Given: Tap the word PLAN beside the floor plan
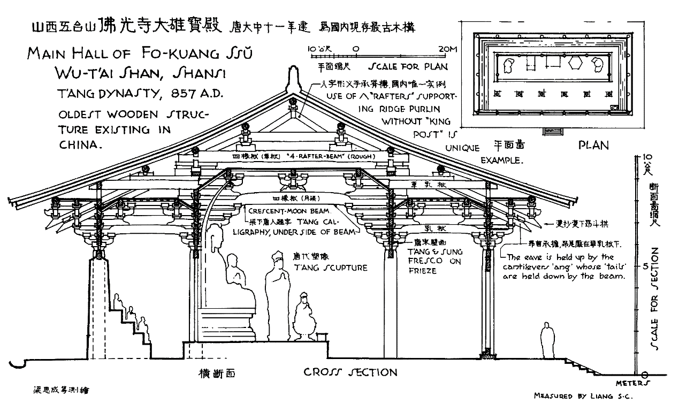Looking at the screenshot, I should click(593, 145).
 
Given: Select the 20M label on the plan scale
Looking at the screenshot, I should click(446, 50).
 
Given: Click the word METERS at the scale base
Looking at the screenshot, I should click(632, 383).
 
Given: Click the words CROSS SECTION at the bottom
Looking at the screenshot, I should click(350, 372).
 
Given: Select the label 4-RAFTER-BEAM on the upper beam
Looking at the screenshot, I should click(309, 156).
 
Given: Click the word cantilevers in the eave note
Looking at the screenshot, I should click(528, 266).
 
